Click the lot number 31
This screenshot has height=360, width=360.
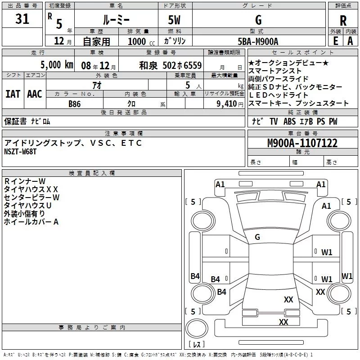coord(22,19)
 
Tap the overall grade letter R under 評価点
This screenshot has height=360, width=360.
coord(343,21)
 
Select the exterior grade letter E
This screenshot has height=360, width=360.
coord(335,41)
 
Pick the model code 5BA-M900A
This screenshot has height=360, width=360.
coord(258,41)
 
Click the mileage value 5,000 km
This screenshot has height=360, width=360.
coord(57,65)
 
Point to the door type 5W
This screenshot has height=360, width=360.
coord(174,20)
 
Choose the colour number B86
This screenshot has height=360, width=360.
coord(74,104)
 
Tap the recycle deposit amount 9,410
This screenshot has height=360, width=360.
coord(227,103)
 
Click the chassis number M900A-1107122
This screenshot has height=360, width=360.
coord(302,143)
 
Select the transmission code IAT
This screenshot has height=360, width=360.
coord(13,94)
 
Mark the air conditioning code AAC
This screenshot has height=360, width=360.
coord(35,94)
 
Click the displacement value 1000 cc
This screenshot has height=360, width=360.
coord(141,41)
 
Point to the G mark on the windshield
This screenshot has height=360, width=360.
coord(257,237)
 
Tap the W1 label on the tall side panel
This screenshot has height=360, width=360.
coord(346,276)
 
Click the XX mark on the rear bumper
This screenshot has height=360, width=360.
coord(283,322)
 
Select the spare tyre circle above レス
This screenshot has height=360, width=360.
coord(197,328)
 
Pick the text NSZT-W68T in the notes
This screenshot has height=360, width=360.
coord(20,152)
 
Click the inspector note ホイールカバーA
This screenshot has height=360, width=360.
coord(31,222)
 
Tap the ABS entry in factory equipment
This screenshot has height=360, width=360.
coord(289,121)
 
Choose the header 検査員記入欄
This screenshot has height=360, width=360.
coord(92,173)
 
